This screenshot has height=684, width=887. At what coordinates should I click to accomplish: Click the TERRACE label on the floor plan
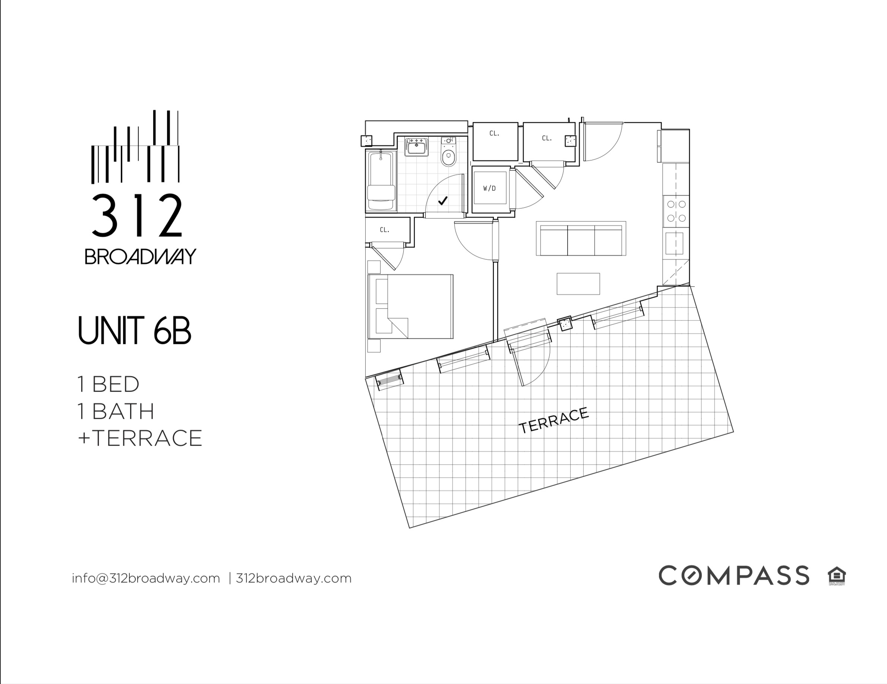pyautogui.click(x=553, y=420)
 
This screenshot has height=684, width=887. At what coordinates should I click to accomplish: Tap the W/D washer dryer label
pyautogui.click(x=489, y=189)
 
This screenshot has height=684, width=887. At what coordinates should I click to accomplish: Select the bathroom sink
pyautogui.click(x=416, y=146)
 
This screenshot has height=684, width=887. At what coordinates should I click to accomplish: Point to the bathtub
pyautogui.click(x=381, y=181)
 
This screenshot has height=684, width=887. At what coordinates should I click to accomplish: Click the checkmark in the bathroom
pyautogui.click(x=443, y=200)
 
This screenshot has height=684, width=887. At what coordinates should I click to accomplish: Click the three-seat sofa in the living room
pyautogui.click(x=581, y=239)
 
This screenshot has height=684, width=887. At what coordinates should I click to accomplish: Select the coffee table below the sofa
pyautogui.click(x=578, y=284)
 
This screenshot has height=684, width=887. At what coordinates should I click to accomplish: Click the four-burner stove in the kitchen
pyautogui.click(x=676, y=211)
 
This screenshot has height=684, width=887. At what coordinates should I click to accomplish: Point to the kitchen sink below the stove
pyautogui.click(x=675, y=244)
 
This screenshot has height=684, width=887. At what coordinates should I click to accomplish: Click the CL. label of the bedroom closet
pyautogui.click(x=385, y=230)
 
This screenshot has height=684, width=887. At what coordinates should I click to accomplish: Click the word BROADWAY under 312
pyautogui.click(x=140, y=257)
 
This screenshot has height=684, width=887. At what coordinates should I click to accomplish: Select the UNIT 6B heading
pyautogui.click(x=134, y=331)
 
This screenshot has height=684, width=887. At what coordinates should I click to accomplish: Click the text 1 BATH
pyautogui.click(x=116, y=411)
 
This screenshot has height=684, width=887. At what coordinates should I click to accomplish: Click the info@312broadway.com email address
pyautogui.click(x=146, y=578)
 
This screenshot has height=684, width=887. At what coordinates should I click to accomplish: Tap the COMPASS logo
pyautogui.click(x=733, y=575)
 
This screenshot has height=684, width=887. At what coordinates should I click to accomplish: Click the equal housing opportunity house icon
pyautogui.click(x=837, y=575)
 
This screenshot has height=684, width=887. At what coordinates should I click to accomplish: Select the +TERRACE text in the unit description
pyautogui.click(x=140, y=438)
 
